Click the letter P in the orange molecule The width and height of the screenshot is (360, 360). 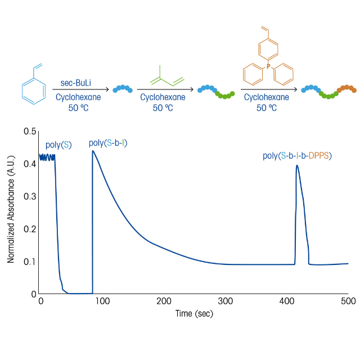[x=268, y=66]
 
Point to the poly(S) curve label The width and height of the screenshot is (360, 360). [x=58, y=145]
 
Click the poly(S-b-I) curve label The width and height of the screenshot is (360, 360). [x=108, y=143]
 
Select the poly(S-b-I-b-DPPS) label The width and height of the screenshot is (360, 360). [x=298, y=155]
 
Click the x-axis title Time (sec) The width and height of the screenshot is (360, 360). [x=194, y=313]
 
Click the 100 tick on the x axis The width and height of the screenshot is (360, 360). [x=102, y=301]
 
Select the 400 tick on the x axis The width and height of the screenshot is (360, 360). [x=287, y=301]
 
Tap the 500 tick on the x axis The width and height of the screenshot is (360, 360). [x=348, y=301]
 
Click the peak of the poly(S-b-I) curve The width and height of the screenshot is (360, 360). [x=93, y=151]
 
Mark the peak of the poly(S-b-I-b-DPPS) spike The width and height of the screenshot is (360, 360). [x=297, y=165]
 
